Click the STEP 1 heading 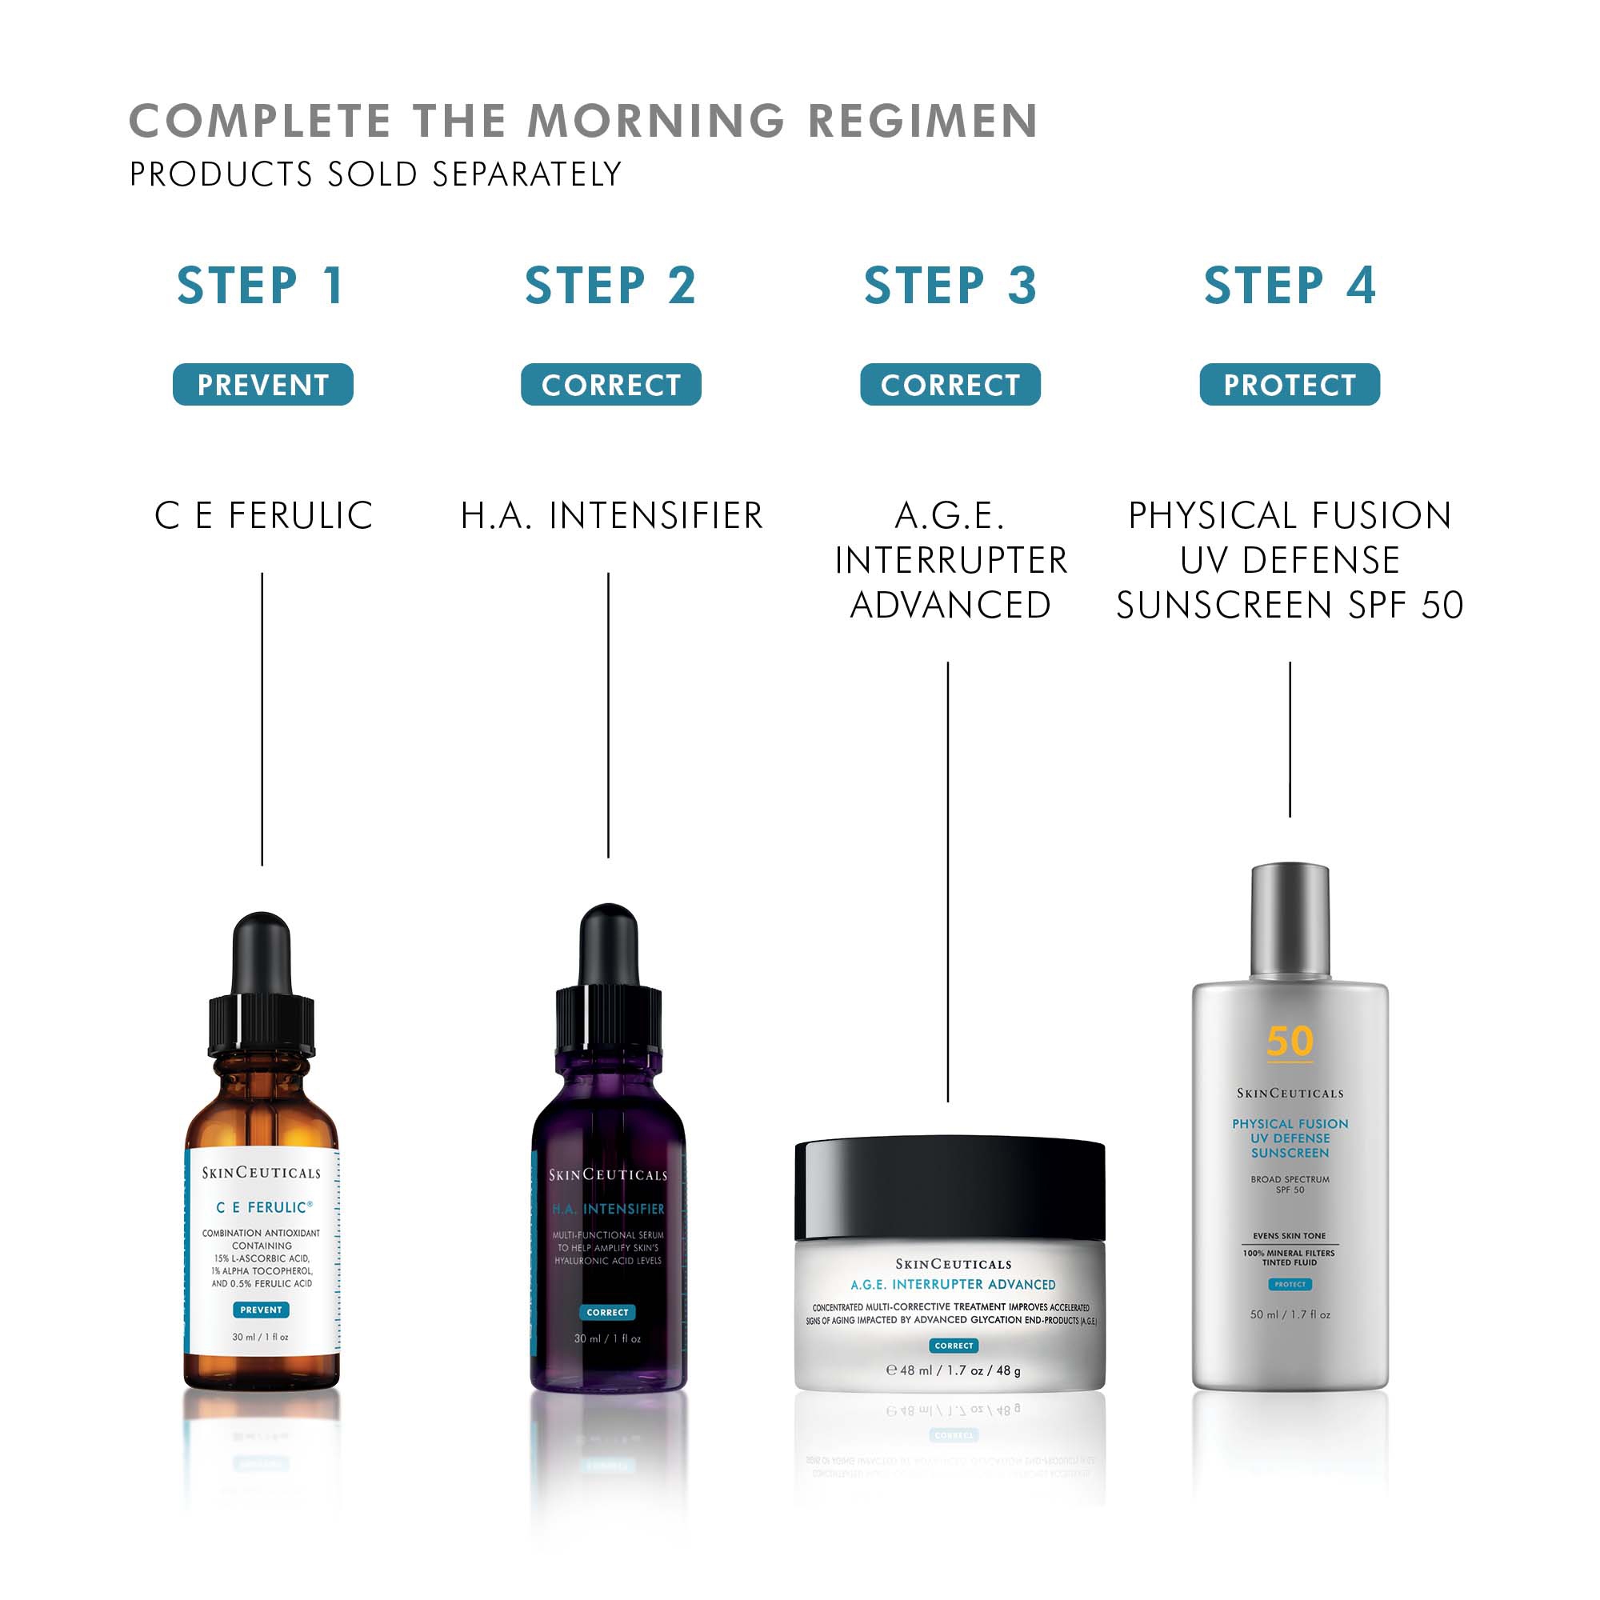pos(261,286)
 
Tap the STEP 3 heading pos(950,286)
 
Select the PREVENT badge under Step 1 pos(262,384)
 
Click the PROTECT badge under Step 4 pos(1290,384)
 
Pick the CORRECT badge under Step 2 pos(610,384)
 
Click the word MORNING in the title pos(656,121)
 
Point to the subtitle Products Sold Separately pos(375,174)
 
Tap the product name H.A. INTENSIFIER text pos(611,515)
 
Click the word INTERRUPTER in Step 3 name pos(950,561)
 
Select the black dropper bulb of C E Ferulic pos(262,952)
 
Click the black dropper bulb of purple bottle pos(609,944)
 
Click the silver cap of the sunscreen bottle pos(1290,919)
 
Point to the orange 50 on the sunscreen pos(1290,1041)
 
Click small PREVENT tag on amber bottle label pos(261,1310)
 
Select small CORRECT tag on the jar pos(954,1346)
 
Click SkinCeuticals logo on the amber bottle pos(261,1173)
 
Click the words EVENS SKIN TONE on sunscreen pos(1289,1236)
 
